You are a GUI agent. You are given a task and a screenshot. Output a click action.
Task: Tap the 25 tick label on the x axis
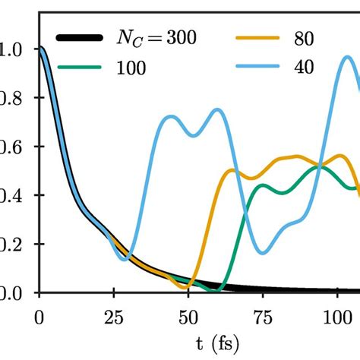[114, 314]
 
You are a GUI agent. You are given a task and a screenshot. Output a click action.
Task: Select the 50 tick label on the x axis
[188, 314]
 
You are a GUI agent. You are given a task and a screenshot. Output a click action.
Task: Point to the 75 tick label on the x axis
[263, 314]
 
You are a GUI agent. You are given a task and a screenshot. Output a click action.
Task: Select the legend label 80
[302, 36]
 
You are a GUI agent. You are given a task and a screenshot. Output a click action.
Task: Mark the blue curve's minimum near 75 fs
[262, 253]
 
